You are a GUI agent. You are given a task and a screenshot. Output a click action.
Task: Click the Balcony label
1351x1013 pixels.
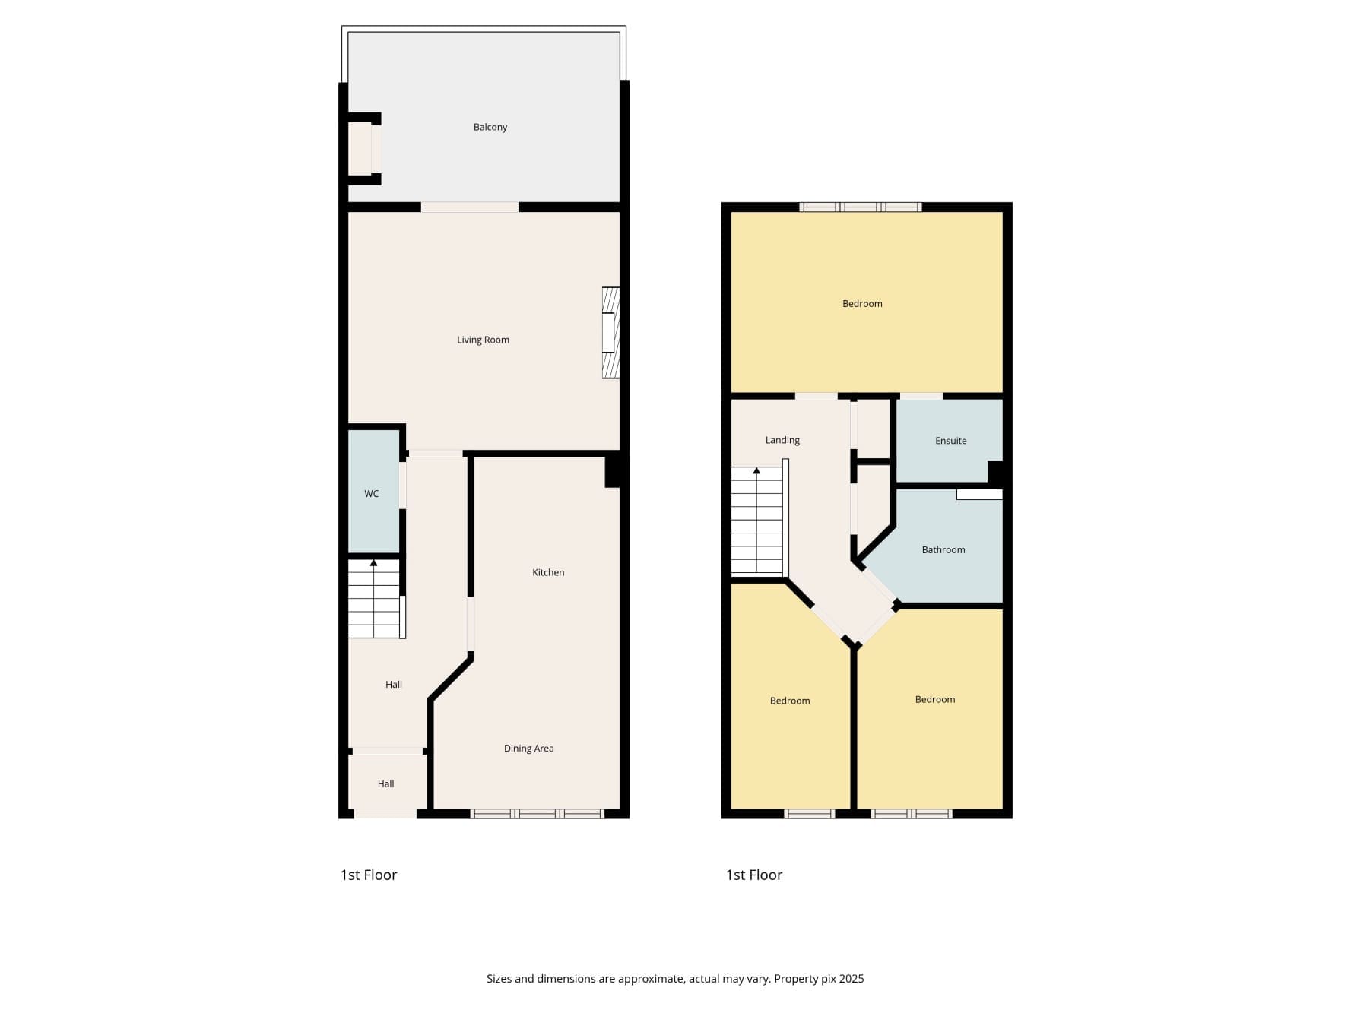pos(490,127)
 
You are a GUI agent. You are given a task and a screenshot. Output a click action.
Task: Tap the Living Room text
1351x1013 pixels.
pos(483,340)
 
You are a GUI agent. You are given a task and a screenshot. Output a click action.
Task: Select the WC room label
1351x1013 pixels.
pos(371,494)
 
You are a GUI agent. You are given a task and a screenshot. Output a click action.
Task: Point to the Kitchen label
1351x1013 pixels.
pos(548,572)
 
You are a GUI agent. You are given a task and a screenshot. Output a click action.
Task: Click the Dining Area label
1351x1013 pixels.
pos(528,749)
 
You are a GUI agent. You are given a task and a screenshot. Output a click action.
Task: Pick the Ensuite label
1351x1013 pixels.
pos(950,441)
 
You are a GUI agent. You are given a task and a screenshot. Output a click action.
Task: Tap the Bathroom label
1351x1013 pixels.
pos(943,549)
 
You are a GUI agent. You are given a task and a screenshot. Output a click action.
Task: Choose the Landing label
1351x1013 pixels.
pos(782,440)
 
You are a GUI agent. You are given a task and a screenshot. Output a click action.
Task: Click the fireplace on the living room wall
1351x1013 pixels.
pos(610,332)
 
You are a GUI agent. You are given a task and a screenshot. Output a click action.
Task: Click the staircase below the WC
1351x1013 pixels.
pos(374,599)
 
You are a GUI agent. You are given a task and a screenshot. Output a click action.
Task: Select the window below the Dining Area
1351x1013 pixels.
pos(538,814)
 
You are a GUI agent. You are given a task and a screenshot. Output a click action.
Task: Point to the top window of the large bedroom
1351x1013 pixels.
pos(861,207)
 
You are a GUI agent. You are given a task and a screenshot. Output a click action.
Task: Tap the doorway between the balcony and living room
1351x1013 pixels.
pos(470,207)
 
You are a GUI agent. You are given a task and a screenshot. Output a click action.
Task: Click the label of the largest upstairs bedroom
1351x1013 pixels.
pos(862,304)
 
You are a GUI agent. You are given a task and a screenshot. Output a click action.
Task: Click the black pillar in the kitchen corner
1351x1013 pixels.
pos(615,470)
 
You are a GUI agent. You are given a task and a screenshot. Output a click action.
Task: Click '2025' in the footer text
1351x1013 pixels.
pos(852,979)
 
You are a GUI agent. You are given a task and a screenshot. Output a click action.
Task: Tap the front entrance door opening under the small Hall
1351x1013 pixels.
pos(385,814)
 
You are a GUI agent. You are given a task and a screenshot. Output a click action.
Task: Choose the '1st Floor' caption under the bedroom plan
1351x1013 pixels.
pos(754,875)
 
